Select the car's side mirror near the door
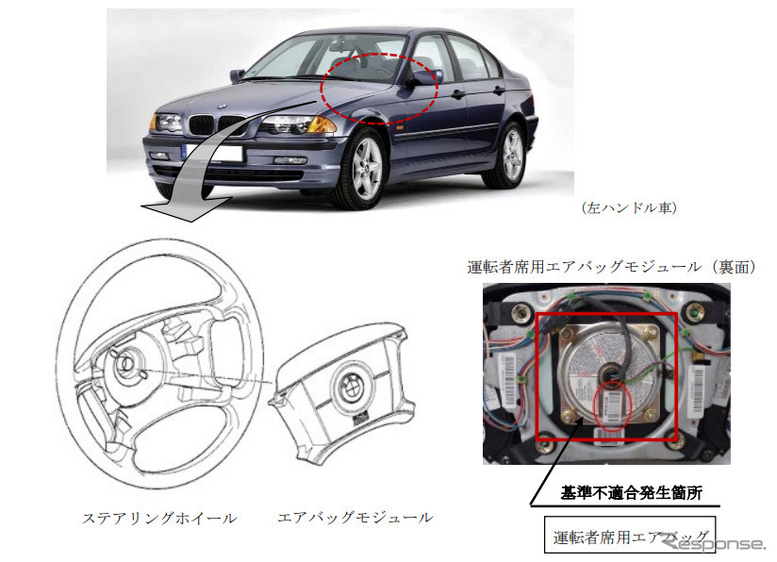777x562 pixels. tap(423, 77)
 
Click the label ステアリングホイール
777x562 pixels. tap(159, 518)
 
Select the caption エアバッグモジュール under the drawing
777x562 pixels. tap(355, 518)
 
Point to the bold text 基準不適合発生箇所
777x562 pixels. tap(630, 492)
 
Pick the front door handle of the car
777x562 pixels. tap(457, 94)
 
